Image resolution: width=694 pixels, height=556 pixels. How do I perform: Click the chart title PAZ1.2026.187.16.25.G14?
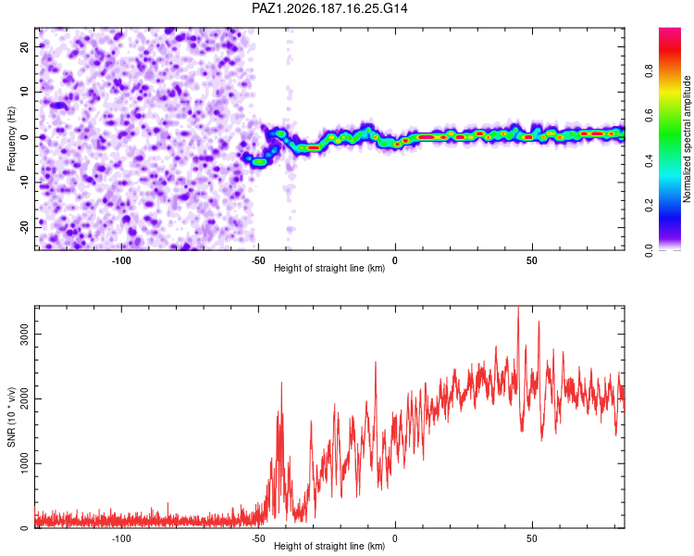(329, 8)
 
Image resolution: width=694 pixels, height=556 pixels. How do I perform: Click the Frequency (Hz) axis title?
(11, 139)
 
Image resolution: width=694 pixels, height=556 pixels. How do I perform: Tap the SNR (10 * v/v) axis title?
(11, 417)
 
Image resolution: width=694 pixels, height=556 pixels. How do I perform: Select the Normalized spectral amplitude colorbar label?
(687, 139)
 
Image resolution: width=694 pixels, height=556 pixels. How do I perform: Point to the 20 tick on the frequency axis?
(24, 46)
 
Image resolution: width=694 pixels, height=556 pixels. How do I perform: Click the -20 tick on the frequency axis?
(24, 227)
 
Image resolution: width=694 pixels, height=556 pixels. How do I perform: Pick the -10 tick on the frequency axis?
(24, 183)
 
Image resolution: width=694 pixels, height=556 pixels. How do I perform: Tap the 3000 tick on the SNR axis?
(24, 334)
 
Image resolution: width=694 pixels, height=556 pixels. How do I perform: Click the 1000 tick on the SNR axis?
(24, 463)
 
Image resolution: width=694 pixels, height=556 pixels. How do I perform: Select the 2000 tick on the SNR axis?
(24, 398)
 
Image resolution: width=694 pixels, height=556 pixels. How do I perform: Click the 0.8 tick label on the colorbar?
(649, 71)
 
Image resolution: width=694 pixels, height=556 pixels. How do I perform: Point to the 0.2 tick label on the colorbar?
(649, 206)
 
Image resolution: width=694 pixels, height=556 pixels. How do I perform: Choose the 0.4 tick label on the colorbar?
(649, 161)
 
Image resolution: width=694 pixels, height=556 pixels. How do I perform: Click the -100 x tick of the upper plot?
(121, 260)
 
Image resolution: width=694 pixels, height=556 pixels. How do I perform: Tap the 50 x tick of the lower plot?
(531, 538)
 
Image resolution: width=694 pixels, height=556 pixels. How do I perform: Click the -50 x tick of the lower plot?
(258, 538)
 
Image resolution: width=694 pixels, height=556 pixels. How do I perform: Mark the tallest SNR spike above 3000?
(518, 308)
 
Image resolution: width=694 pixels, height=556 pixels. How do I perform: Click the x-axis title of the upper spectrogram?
(329, 268)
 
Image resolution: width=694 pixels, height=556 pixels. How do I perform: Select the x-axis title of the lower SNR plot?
(329, 546)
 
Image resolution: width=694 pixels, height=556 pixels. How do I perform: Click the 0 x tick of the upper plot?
(395, 260)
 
